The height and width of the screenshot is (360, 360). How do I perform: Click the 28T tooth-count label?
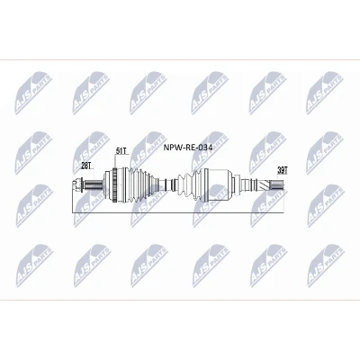coord(86,166)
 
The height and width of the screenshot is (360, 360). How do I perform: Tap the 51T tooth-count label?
coord(121,150)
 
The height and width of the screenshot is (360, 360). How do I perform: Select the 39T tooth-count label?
coord(282,171)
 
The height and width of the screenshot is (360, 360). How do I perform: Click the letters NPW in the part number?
coord(171,148)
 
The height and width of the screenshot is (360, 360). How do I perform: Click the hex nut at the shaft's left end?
coord(77,184)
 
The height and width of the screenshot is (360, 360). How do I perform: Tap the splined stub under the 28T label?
coord(93,184)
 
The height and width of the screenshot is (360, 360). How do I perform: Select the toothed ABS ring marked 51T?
coord(114,184)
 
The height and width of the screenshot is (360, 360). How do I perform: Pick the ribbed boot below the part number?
coord(189,184)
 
